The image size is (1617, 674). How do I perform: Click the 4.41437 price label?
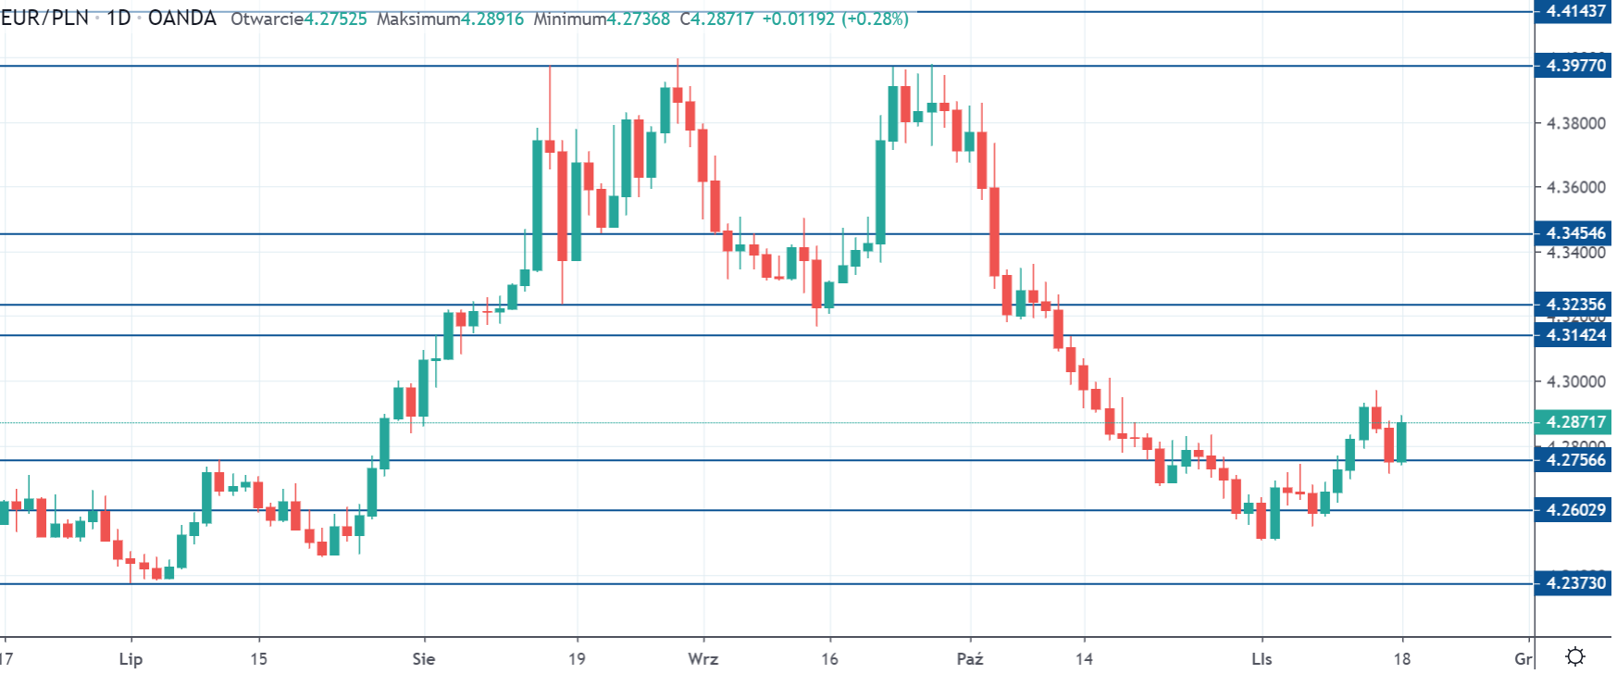[x=1575, y=11]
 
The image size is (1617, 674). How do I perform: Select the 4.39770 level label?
[x=1575, y=66]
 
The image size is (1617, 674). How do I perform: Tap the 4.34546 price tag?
[x=1575, y=233]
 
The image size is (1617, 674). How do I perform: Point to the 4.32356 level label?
[x=1575, y=305]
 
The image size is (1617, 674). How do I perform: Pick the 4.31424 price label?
[x=1575, y=335]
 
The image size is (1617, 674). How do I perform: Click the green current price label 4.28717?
[x=1575, y=422]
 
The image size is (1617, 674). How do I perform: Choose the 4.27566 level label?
[x=1575, y=460]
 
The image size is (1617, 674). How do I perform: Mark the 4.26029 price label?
[x=1575, y=510]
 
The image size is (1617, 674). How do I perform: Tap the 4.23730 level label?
[x=1575, y=583]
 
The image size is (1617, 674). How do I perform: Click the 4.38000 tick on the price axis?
[x=1575, y=123]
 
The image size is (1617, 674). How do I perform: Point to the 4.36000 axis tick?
[x=1575, y=187]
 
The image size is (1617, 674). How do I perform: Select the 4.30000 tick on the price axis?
[x=1575, y=381]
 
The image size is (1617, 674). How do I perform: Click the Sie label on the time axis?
[x=424, y=659]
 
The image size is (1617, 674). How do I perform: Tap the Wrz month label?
[x=703, y=659]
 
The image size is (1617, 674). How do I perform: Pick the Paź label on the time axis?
[x=970, y=659]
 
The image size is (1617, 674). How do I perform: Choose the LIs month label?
[x=1262, y=659]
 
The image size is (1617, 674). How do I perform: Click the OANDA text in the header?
[x=182, y=19]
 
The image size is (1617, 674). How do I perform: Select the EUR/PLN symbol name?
[x=44, y=19]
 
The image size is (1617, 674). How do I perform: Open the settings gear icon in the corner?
[x=1575, y=656]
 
